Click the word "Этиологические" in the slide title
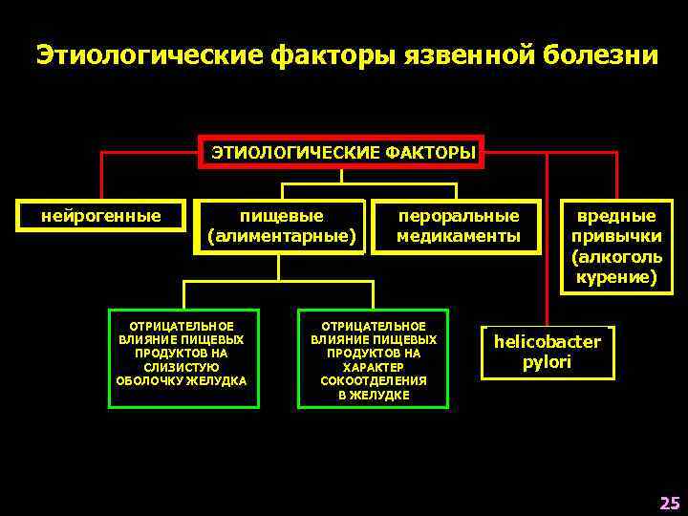[150, 55]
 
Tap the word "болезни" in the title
[601, 55]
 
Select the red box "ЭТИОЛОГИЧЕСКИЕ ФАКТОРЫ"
[342, 153]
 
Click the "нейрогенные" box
[100, 216]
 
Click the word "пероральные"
[459, 216]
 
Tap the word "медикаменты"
[459, 235]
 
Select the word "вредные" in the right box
[616, 216]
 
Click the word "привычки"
[616, 237]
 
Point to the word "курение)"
[616, 277]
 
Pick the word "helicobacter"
[547, 341]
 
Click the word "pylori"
[547, 362]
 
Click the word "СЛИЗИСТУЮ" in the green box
[181, 367]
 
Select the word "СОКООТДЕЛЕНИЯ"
[373, 380]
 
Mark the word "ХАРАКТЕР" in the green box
[373, 367]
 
